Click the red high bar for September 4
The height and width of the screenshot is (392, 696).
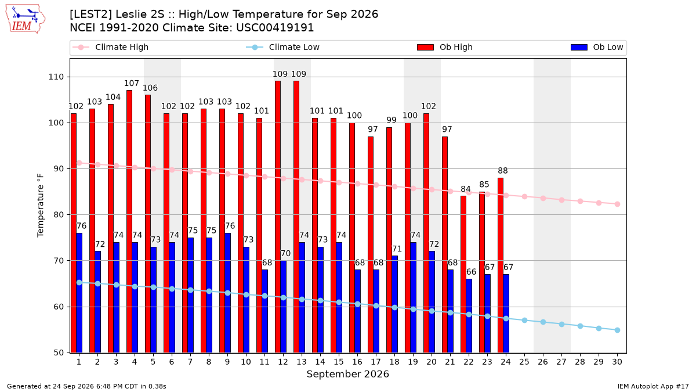pos(129,221)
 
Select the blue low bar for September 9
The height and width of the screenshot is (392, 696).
pos(227,293)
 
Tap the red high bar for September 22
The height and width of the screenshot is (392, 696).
pos(463,274)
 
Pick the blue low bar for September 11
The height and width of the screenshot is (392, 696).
pos(264,311)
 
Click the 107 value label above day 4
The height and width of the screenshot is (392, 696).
pos(132,84)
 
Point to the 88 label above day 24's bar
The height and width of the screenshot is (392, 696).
pos(503,171)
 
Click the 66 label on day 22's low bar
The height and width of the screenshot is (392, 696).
pos(471,272)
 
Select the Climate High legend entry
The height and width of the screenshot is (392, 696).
pos(111,47)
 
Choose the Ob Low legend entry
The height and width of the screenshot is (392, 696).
pos(597,47)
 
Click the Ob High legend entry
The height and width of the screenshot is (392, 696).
pos(445,47)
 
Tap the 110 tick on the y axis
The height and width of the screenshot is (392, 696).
pos(56,77)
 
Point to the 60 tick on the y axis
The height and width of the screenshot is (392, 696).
pos(59,307)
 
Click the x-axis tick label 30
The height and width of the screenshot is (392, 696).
pos(617,362)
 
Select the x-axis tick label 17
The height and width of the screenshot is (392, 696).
pos(376,362)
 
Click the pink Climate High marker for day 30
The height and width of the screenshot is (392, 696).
pos(617,204)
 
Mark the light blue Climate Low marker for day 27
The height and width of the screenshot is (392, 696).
pos(561,324)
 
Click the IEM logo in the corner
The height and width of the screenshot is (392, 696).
pos(25,19)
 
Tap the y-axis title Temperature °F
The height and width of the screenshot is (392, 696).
pos(41,206)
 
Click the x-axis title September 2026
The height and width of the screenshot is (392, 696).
pos(347,374)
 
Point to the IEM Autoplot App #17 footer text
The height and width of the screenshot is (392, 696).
pos(653,386)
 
